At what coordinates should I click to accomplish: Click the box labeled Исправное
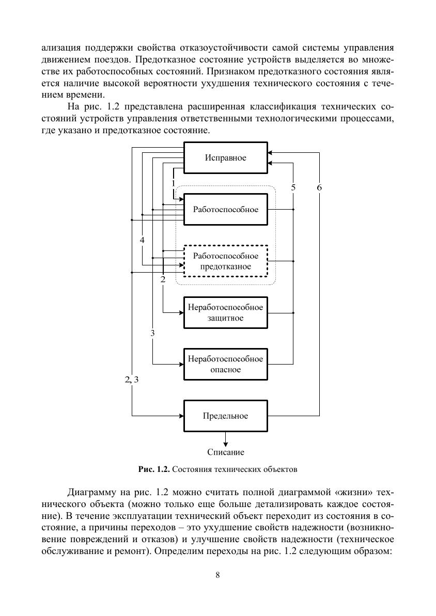(226, 157)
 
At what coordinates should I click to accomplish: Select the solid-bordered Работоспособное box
(226, 210)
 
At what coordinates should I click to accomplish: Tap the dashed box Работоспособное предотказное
(226, 261)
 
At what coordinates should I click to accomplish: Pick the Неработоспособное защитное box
(226, 313)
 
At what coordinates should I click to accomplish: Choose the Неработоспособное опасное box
(226, 364)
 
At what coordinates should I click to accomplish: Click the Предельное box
(226, 416)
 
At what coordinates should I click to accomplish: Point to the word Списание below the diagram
(226, 452)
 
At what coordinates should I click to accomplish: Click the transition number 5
(293, 187)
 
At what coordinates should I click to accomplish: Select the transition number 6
(319, 187)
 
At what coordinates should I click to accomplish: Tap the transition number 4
(142, 240)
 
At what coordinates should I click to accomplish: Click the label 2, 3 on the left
(131, 380)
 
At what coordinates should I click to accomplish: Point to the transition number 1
(173, 183)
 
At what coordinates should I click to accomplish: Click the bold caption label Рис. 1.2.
(154, 469)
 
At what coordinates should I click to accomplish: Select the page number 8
(218, 575)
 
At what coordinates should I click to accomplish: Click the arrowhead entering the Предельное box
(181, 416)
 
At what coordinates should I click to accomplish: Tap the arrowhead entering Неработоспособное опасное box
(181, 364)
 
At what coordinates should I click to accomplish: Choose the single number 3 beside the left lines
(152, 333)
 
